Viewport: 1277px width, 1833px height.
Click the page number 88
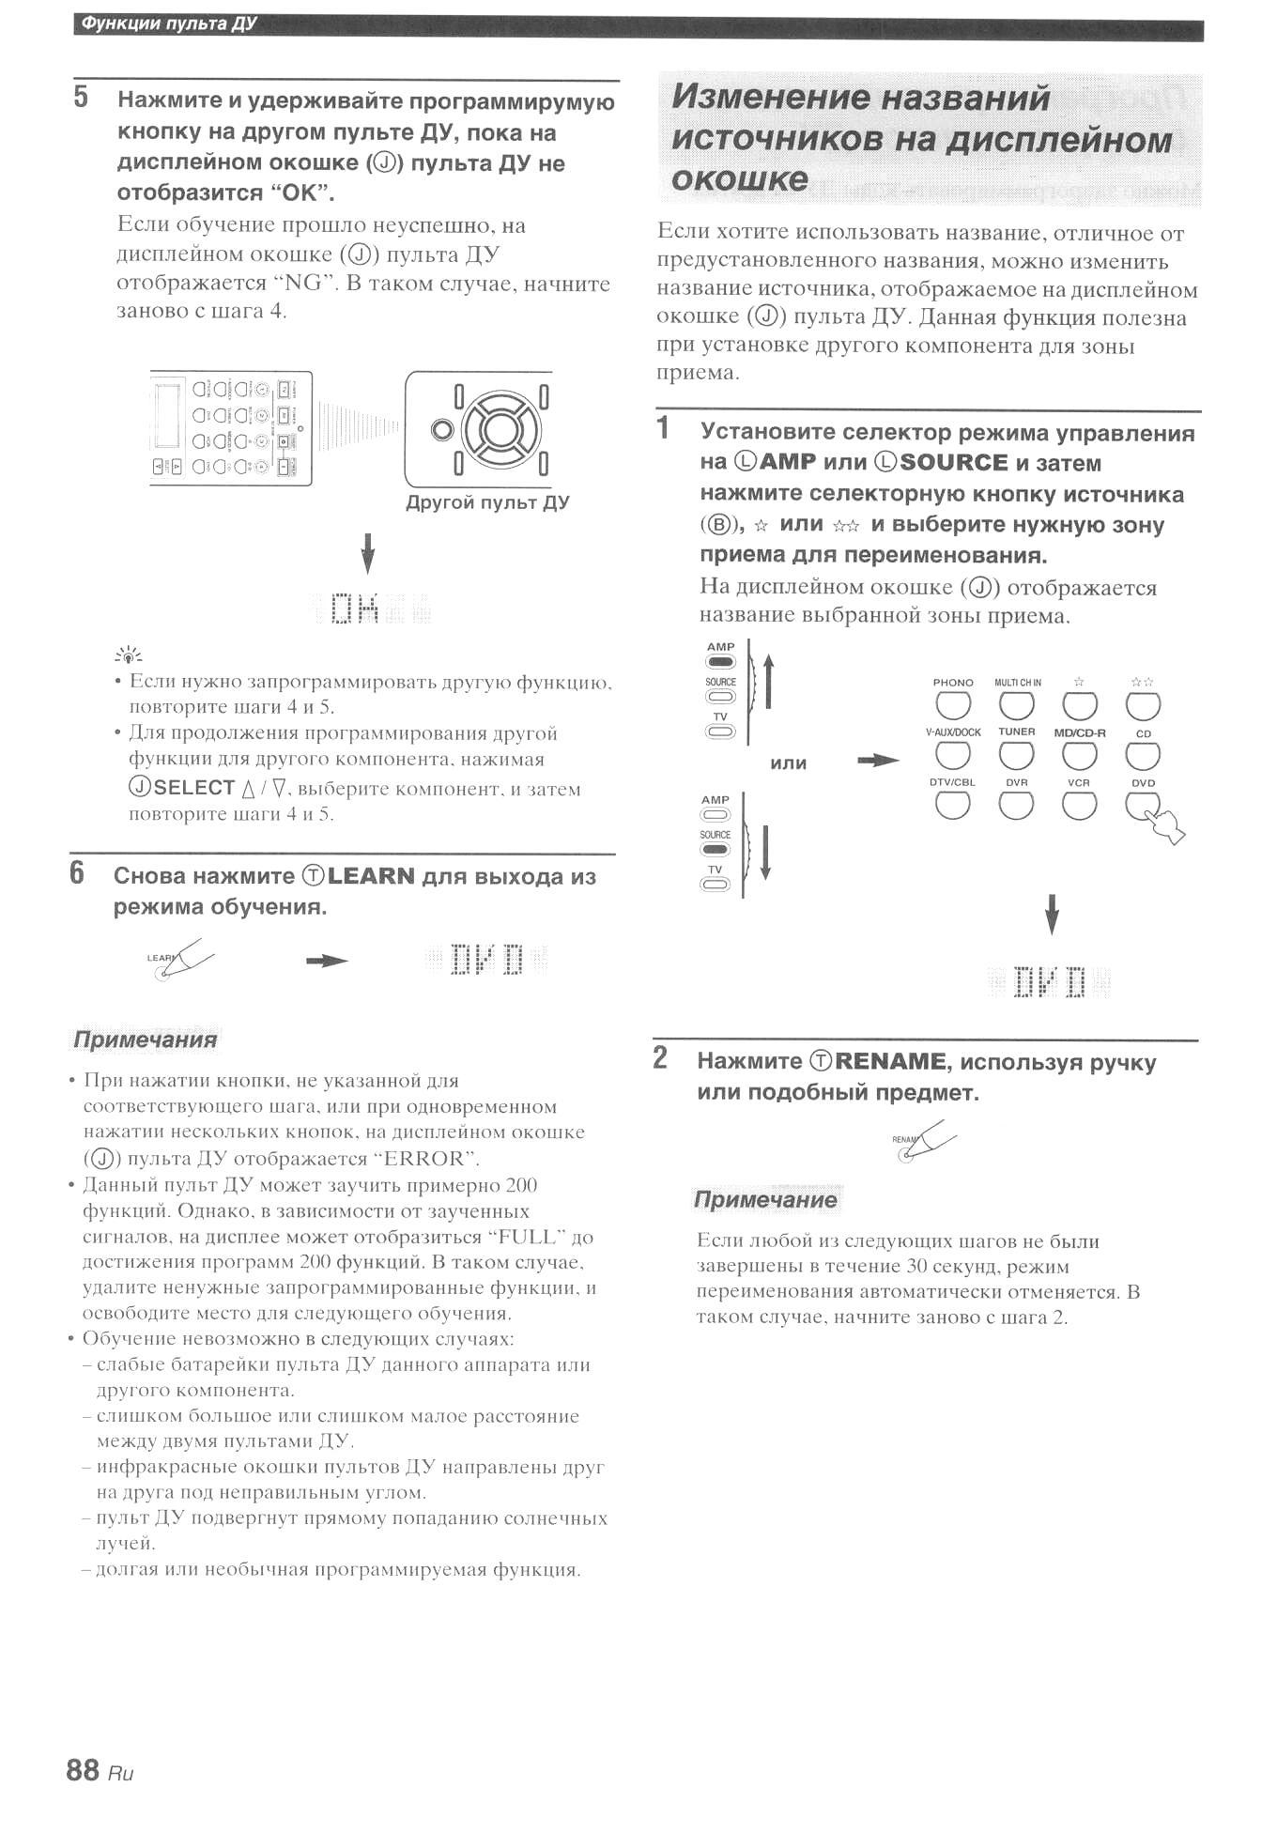coord(83,1769)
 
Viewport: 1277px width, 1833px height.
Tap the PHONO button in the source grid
coord(953,705)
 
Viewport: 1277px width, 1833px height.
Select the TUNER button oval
coord(1016,754)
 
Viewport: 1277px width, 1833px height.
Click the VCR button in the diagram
coord(1079,804)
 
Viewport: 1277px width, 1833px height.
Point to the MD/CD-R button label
coord(1079,732)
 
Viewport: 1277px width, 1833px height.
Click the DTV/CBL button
coord(953,804)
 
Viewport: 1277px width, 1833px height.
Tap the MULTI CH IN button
coord(1017,705)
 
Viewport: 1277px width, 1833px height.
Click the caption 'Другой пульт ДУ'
coord(487,502)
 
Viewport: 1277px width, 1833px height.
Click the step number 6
coord(77,873)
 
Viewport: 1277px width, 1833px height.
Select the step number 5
coord(81,97)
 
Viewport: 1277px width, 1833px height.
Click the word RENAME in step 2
coord(889,1061)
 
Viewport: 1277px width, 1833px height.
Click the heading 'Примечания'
coord(145,1040)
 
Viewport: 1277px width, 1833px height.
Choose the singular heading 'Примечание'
coord(765,1199)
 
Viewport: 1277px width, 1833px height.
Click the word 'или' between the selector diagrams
coord(788,763)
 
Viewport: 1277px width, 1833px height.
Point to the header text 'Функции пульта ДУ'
coord(169,23)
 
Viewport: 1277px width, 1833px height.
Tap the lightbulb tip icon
coord(129,655)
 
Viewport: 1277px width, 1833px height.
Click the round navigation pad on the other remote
coord(500,430)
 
